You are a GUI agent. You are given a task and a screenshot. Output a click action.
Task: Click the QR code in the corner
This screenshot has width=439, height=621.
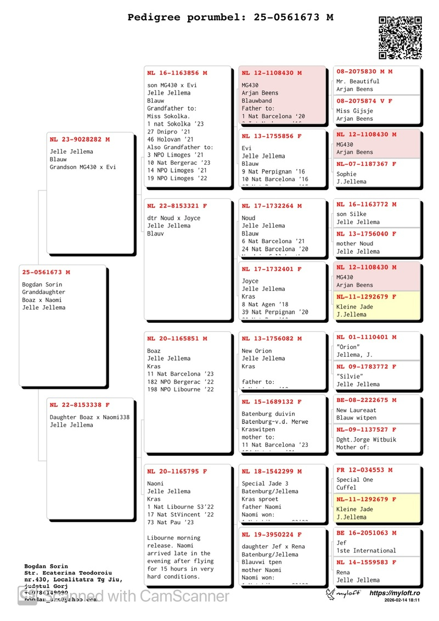point(400,38)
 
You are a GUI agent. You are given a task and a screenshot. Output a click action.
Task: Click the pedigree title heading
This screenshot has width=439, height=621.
point(230,18)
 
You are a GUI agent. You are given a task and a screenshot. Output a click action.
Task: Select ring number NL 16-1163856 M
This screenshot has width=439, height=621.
point(177,73)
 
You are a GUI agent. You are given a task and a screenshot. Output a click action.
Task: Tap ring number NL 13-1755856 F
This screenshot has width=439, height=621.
point(272,136)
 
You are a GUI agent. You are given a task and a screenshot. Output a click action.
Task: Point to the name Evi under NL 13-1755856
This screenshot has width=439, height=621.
point(246,148)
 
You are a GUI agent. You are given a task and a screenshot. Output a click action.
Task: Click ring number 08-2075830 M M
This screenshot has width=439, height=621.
point(364,71)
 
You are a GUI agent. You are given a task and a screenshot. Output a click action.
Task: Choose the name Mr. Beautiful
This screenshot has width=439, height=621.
point(358,81)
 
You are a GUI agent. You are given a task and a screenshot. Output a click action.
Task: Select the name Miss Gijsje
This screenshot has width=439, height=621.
point(354,111)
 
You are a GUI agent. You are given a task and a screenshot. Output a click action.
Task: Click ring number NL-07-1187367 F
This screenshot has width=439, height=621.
point(366,164)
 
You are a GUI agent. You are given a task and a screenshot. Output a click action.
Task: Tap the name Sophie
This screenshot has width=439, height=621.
point(346,174)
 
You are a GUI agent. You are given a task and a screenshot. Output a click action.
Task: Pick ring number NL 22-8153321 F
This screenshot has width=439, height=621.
point(177,206)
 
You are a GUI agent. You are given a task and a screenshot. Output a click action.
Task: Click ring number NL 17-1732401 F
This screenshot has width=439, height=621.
point(272,270)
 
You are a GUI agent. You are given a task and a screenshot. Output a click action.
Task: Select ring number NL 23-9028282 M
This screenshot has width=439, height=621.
point(80,139)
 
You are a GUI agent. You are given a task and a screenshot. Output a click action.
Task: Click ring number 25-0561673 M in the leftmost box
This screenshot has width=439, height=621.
point(46,272)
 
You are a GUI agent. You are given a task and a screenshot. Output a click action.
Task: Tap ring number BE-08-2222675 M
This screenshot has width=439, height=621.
point(366,400)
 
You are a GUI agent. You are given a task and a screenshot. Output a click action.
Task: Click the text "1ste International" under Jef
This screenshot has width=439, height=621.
point(366,551)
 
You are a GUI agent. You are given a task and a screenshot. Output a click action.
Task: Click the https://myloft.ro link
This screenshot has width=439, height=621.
point(395,593)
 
